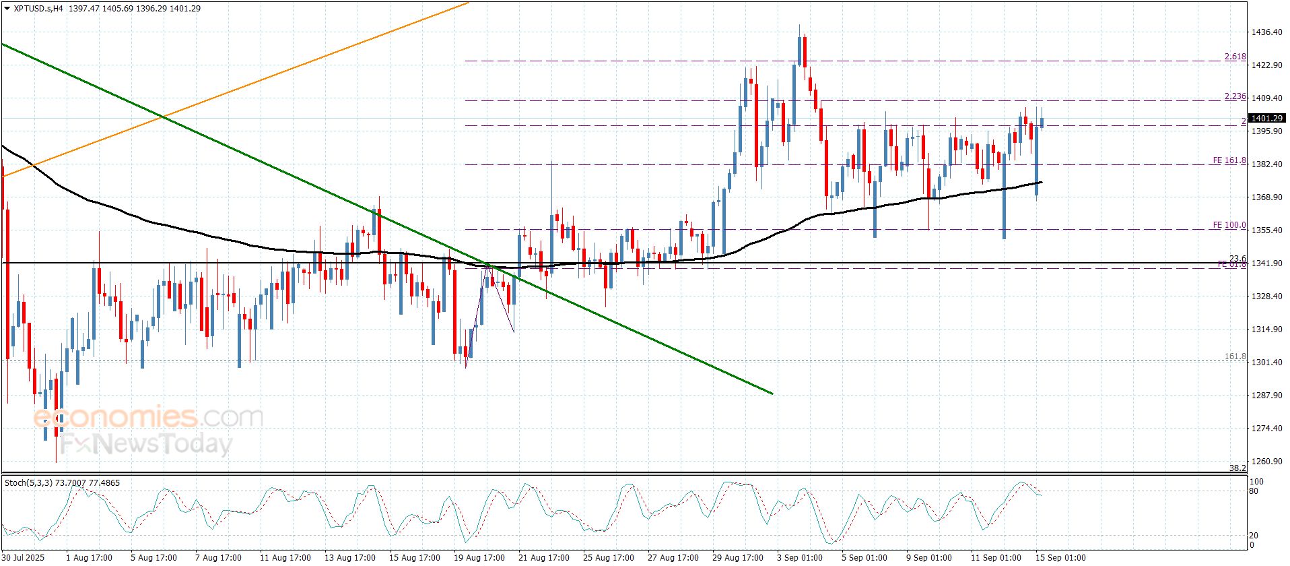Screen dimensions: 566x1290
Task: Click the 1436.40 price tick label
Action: click(1266, 32)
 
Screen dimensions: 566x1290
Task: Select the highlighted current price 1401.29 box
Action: click(1266, 119)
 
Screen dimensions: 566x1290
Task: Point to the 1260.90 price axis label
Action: click(1266, 462)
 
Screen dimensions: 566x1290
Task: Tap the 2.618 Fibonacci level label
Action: click(1235, 57)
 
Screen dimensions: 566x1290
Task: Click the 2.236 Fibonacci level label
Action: click(1235, 97)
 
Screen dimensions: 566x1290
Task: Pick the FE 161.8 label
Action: click(1229, 161)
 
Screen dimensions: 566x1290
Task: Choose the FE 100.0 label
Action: click(1229, 226)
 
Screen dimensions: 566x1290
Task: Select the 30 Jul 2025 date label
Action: click(23, 558)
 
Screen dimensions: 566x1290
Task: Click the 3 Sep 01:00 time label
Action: click(799, 558)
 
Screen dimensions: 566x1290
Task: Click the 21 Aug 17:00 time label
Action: click(543, 558)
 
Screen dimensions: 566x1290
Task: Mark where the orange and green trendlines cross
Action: click(162, 118)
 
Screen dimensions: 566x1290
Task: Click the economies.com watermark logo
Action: click(147, 417)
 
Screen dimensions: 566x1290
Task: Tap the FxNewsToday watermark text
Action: click(145, 444)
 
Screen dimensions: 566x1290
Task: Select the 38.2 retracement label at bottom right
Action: click(1237, 468)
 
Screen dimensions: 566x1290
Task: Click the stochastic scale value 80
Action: click(1254, 491)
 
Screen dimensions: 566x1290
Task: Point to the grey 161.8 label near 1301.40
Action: click(1235, 356)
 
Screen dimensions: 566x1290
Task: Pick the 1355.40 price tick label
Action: click(1266, 230)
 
